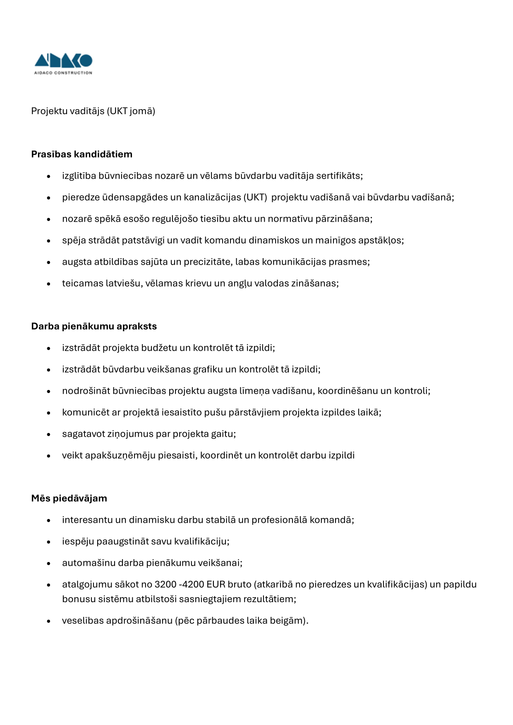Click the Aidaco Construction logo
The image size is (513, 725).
click(63, 64)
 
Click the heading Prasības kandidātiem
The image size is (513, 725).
click(82, 154)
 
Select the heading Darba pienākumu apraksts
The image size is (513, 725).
click(94, 326)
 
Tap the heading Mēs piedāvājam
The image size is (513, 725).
click(69, 498)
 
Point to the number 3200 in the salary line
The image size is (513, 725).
click(165, 584)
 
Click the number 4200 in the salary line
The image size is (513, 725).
click(193, 584)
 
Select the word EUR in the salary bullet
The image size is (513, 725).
click(216, 584)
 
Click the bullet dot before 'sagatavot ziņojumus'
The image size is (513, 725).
click(49, 435)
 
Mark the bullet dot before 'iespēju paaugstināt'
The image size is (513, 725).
click(49, 542)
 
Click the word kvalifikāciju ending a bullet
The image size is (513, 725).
click(201, 541)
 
